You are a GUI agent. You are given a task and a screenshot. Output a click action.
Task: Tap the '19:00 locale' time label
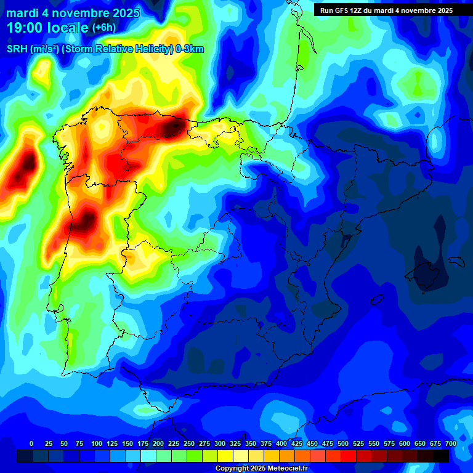point(47,28)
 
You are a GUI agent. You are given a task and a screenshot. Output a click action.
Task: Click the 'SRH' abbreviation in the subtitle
point(17,49)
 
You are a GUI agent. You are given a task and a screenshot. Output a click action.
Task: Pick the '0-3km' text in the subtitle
point(190,49)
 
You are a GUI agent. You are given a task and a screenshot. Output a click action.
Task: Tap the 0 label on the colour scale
point(31,443)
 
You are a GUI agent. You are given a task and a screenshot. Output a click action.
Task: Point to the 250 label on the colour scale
point(188,443)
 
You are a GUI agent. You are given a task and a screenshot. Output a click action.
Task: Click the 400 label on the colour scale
point(281,443)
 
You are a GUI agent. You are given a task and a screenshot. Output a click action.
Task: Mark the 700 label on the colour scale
point(450,443)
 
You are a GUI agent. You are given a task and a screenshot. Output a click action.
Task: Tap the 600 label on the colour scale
point(405,443)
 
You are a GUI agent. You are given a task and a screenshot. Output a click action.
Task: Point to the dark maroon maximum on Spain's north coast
point(171,126)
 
